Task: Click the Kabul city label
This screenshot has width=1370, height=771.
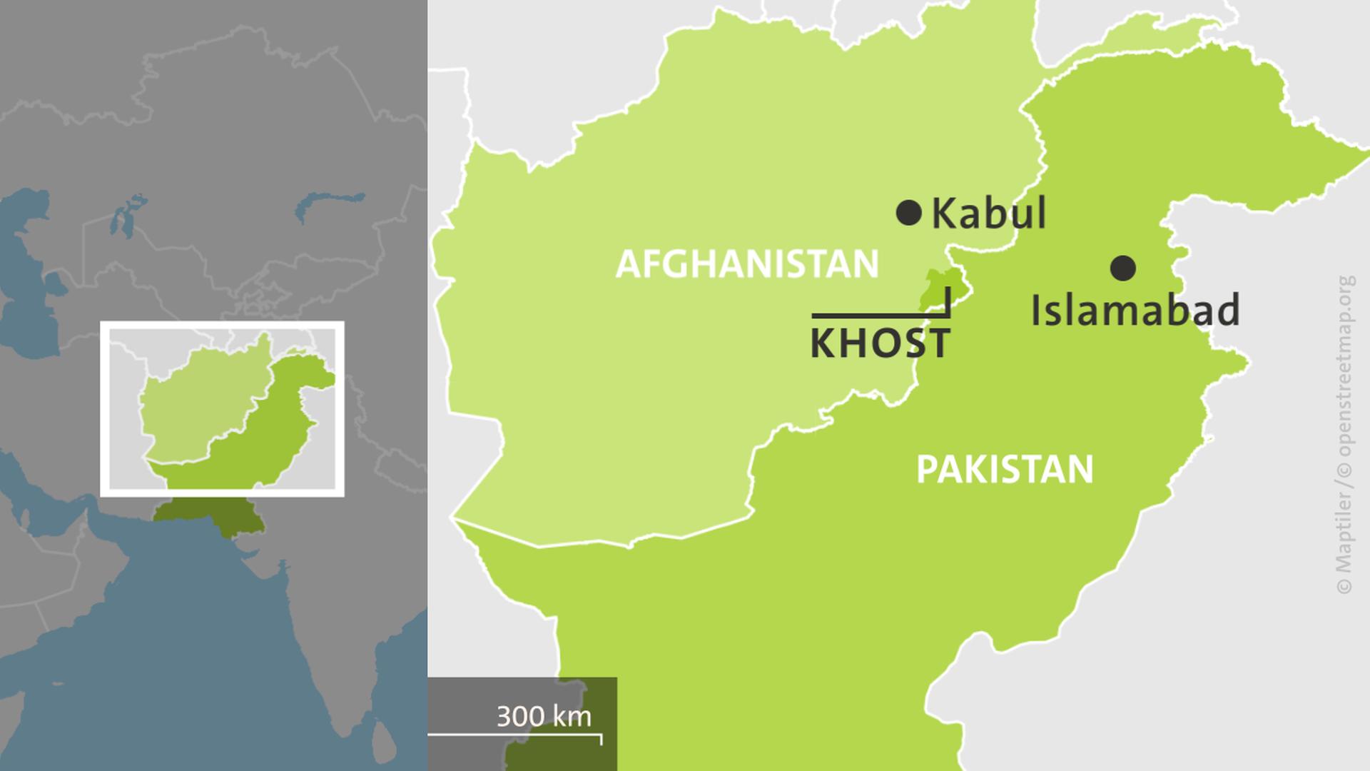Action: click(x=988, y=213)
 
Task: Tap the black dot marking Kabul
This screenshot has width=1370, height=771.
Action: click(x=908, y=213)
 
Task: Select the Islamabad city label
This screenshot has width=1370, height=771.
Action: click(x=1135, y=310)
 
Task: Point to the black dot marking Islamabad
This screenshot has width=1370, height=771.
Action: click(x=1123, y=268)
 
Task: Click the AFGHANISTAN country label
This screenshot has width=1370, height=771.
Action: click(x=747, y=264)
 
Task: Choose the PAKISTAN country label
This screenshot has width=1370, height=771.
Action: click(x=1005, y=470)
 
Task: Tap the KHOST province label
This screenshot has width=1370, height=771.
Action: click(x=880, y=343)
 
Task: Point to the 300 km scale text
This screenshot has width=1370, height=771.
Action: click(x=544, y=716)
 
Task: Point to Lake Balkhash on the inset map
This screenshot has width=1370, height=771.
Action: click(x=328, y=204)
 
